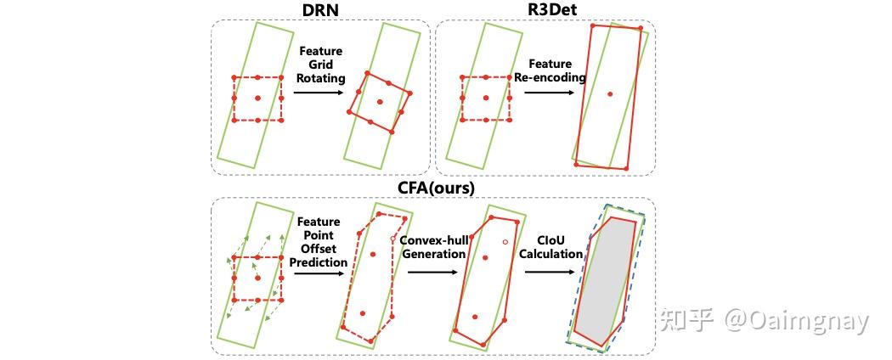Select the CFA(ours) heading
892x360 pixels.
coord(432,188)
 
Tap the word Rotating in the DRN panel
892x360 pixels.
coord(323,78)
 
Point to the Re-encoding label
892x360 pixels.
coord(550,77)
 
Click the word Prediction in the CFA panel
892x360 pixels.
coord(319,262)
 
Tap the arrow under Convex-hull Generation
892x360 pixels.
coord(434,272)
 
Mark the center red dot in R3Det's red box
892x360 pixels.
coord(609,93)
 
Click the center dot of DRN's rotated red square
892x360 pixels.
coord(379,102)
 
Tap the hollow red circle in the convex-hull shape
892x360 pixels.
coord(505,241)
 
